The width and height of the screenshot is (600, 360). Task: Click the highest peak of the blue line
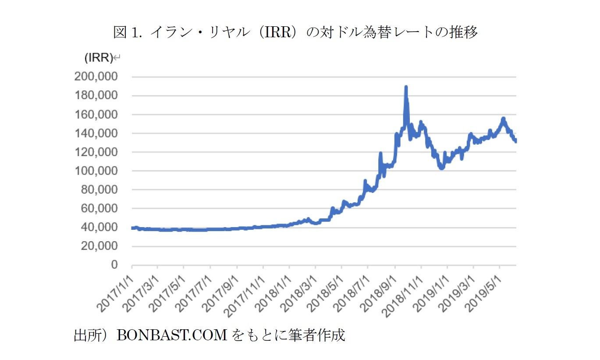point(406,87)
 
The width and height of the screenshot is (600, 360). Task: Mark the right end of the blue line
point(516,141)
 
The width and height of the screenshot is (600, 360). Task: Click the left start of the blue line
point(132,228)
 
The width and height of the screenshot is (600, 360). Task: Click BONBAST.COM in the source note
point(172,335)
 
